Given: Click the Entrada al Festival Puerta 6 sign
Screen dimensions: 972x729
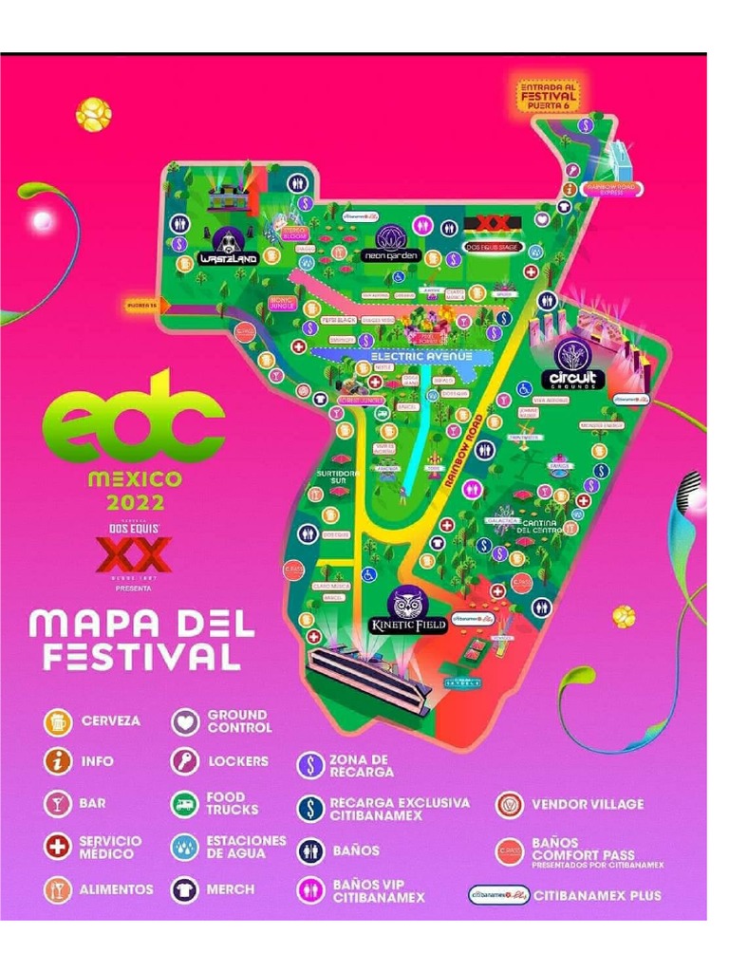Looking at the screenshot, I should [548, 96].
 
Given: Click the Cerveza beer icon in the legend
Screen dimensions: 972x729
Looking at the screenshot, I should [58, 721].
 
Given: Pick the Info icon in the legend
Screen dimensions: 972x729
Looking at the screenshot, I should [58, 761].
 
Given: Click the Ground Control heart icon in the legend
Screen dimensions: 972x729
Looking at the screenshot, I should [185, 721].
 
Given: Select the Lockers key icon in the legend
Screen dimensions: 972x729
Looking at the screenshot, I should [185, 761].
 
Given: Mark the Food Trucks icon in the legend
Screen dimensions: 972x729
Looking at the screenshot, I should [185, 804].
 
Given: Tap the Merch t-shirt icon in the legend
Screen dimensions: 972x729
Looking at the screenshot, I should [185, 890].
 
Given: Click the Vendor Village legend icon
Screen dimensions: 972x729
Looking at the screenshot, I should [510, 805].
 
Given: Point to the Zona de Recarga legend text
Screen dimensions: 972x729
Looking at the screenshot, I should [362, 766].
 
